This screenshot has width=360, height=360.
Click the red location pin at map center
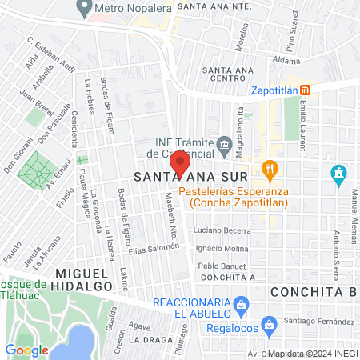click(181, 163)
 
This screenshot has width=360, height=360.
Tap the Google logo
click(26, 350)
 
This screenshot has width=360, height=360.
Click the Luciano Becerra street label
click(222, 230)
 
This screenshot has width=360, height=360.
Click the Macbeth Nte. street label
click(170, 210)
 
